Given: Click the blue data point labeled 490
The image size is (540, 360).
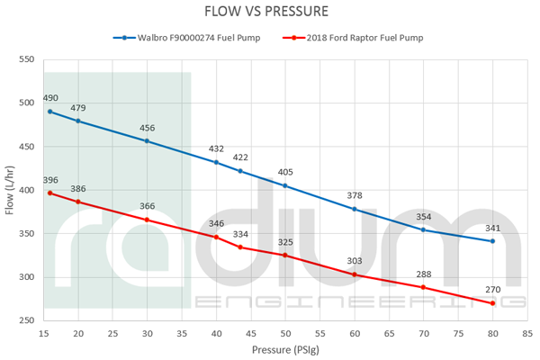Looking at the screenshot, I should pyautogui.click(x=50, y=112).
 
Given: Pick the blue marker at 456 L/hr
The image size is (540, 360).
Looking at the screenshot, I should pyautogui.click(x=147, y=141).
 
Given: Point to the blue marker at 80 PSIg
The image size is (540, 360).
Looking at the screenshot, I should pyautogui.click(x=493, y=241).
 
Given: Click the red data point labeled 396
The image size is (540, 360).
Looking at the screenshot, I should pyautogui.click(x=50, y=193).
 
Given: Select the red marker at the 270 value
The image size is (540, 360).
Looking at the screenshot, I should pyautogui.click(x=493, y=302).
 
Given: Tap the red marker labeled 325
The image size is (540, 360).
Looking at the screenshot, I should pyautogui.click(x=285, y=255).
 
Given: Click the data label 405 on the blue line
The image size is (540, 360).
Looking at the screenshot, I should pyautogui.click(x=285, y=172).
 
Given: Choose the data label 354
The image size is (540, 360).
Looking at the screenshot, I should pyautogui.click(x=424, y=217).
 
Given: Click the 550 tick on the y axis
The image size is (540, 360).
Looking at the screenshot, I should pyautogui.click(x=24, y=60).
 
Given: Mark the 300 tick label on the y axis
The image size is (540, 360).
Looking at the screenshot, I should pyautogui.click(x=24, y=277).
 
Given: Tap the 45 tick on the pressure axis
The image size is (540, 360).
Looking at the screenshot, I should pyautogui.click(x=250, y=333).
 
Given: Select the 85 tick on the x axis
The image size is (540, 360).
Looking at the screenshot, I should pyautogui.click(x=527, y=333).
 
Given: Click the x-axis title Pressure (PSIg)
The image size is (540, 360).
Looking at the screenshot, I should pyautogui.click(x=284, y=349).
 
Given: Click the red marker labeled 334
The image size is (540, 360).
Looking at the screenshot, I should pyautogui.click(x=240, y=247).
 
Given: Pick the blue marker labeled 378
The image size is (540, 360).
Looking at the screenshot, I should pyautogui.click(x=355, y=209).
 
